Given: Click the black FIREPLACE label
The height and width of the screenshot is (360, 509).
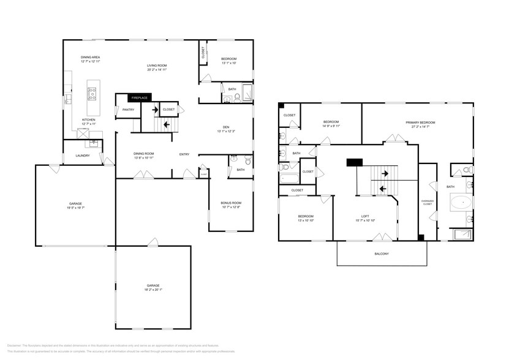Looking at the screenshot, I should point(140,98).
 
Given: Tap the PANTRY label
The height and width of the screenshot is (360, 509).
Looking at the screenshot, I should point(128,110).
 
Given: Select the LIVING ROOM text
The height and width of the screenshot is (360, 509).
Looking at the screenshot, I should point(157,65).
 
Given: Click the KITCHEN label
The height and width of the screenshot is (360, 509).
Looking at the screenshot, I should point(89,119).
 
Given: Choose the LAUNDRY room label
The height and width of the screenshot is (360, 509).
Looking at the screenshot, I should point(83,156).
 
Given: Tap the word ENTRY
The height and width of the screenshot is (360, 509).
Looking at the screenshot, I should point(184,154).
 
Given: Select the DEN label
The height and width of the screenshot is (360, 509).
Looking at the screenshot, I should point(226,127).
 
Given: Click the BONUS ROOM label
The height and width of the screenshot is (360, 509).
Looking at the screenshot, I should point(231,203).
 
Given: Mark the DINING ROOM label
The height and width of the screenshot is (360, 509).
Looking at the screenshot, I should point(144,154).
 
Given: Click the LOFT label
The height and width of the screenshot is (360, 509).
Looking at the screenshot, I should point(364,216).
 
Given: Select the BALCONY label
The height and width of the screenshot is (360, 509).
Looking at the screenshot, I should point(382,253).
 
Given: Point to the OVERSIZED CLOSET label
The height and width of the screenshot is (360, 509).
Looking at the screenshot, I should point(428,203).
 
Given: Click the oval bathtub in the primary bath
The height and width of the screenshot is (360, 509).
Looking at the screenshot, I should point(461,202).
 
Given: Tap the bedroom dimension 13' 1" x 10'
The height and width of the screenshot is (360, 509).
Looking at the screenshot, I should point(228,63).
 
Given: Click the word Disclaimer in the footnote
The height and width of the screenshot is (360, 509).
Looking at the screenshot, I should point(15,347).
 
